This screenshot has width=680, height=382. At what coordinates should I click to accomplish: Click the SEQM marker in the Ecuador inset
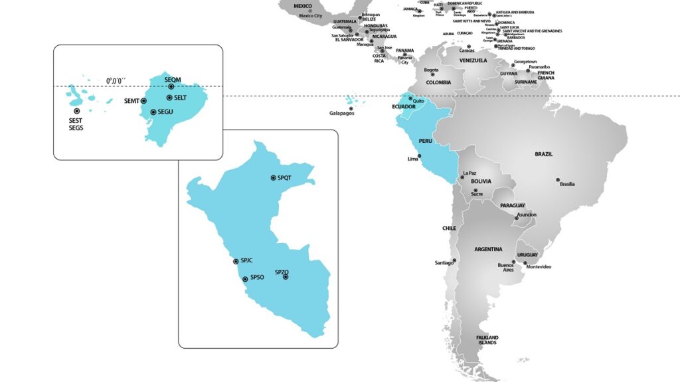pos(171,86)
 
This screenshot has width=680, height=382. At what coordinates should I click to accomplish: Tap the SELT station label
pos(180,98)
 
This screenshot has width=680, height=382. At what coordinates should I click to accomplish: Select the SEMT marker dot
pos(143,101)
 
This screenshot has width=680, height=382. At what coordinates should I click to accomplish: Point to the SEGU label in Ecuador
pos(165,112)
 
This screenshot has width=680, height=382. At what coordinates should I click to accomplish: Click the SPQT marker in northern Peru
pos(273,178)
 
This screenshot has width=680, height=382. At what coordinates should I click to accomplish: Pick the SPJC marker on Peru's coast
pos(236,262)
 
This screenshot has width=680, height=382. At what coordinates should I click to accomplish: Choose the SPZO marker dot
pos(286,276)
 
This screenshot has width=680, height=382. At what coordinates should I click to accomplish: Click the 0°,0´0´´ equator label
pos(120,81)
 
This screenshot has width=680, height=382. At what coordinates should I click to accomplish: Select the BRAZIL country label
pos(544,154)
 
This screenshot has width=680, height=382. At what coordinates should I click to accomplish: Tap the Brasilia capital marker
pos(558,180)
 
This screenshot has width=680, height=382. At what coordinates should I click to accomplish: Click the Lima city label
pos(413,159)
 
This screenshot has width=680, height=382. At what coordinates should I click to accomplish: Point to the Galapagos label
pos(342,114)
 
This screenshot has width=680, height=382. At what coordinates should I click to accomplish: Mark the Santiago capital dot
pos(455,260)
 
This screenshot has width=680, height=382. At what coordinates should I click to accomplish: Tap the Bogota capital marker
pos(432,74)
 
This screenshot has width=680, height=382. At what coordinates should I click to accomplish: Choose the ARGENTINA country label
pos(488,249)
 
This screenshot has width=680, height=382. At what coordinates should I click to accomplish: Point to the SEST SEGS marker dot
pos(77,111)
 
